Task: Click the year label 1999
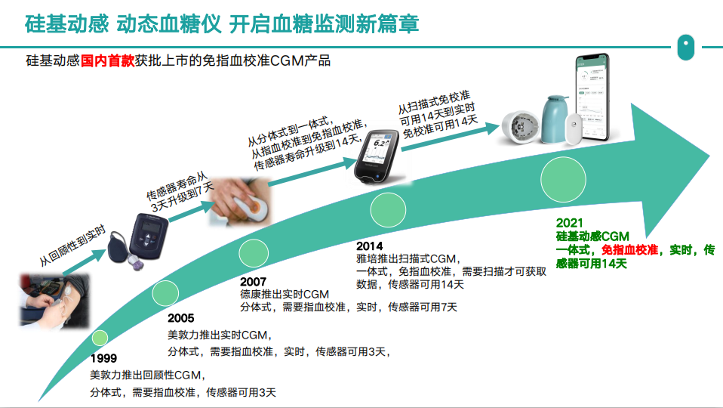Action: click(103, 358)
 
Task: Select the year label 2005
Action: click(181, 318)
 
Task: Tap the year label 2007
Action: click(253, 282)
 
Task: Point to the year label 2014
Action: click(369, 246)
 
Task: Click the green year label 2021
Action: click(570, 223)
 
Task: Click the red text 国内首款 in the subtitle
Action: click(107, 60)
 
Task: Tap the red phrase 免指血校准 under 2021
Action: click(630, 249)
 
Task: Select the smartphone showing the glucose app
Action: click(592, 98)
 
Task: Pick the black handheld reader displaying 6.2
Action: click(377, 156)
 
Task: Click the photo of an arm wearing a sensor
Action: click(54, 301)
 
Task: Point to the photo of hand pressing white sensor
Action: click(240, 202)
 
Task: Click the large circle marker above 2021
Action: click(563, 180)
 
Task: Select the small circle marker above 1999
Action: click(100, 338)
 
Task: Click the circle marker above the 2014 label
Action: click(388, 210)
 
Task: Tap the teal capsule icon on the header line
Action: click(686, 47)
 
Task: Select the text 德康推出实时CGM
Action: click(285, 294)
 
